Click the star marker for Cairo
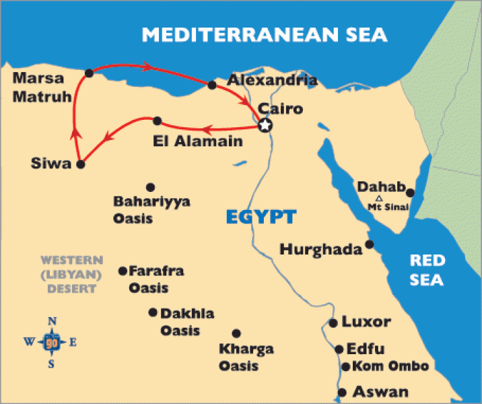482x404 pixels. coord(265,125)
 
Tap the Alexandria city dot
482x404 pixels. coord(212,86)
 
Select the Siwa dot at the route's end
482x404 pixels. coord(80,164)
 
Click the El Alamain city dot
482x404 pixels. coord(157,121)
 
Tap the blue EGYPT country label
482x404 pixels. coord(261,217)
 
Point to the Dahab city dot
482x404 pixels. coord(409,193)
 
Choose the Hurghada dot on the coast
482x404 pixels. coord(369,244)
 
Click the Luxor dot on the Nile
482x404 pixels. coord(333,323)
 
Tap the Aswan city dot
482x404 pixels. coord(342,393)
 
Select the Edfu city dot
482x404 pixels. coord(339,349)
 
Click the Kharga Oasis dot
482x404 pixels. coord(236,333)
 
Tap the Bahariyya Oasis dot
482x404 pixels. coord(150,187)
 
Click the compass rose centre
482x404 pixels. coord(52,342)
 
